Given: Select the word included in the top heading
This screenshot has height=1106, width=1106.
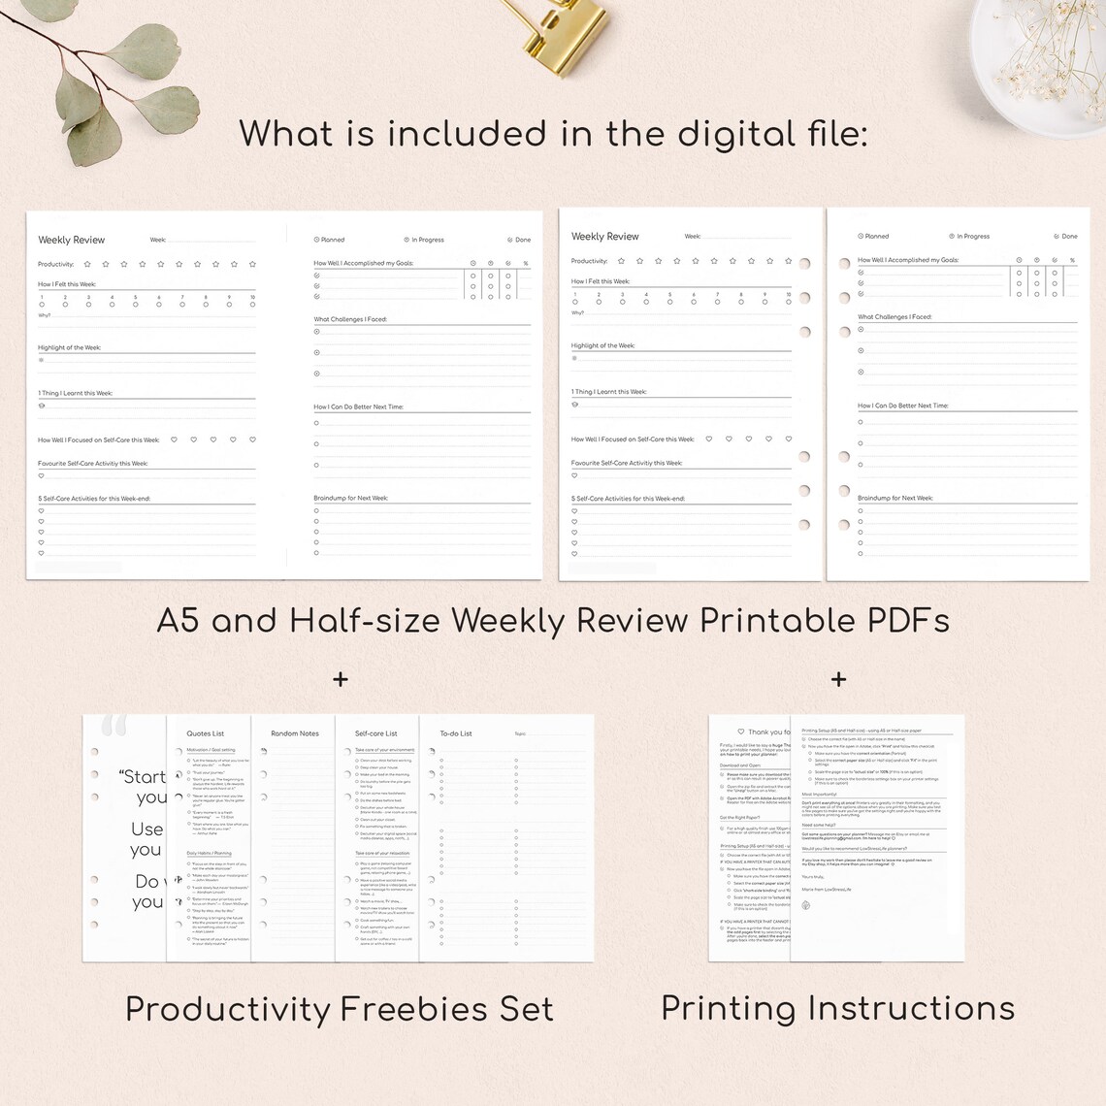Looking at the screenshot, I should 470,134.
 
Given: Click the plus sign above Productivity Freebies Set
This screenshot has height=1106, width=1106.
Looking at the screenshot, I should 341,679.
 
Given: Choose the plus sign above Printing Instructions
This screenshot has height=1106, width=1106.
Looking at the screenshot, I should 838,679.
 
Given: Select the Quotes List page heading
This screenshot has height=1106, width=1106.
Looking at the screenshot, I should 205,733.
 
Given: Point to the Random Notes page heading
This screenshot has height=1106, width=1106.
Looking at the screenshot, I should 294,733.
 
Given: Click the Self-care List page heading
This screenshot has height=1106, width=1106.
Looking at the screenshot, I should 376,733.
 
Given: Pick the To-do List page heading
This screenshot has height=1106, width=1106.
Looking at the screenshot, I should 456,733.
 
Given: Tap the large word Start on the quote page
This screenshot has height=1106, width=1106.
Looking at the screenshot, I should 143,776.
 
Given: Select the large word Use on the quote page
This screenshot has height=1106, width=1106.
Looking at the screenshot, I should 147,829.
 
